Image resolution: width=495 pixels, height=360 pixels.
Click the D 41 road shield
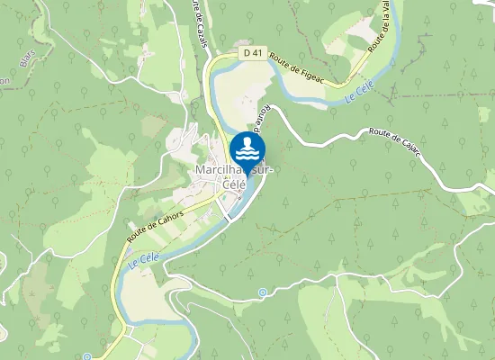(253, 54)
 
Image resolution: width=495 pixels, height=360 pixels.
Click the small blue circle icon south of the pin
(262, 292)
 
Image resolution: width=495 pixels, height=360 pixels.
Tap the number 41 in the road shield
(257, 54)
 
